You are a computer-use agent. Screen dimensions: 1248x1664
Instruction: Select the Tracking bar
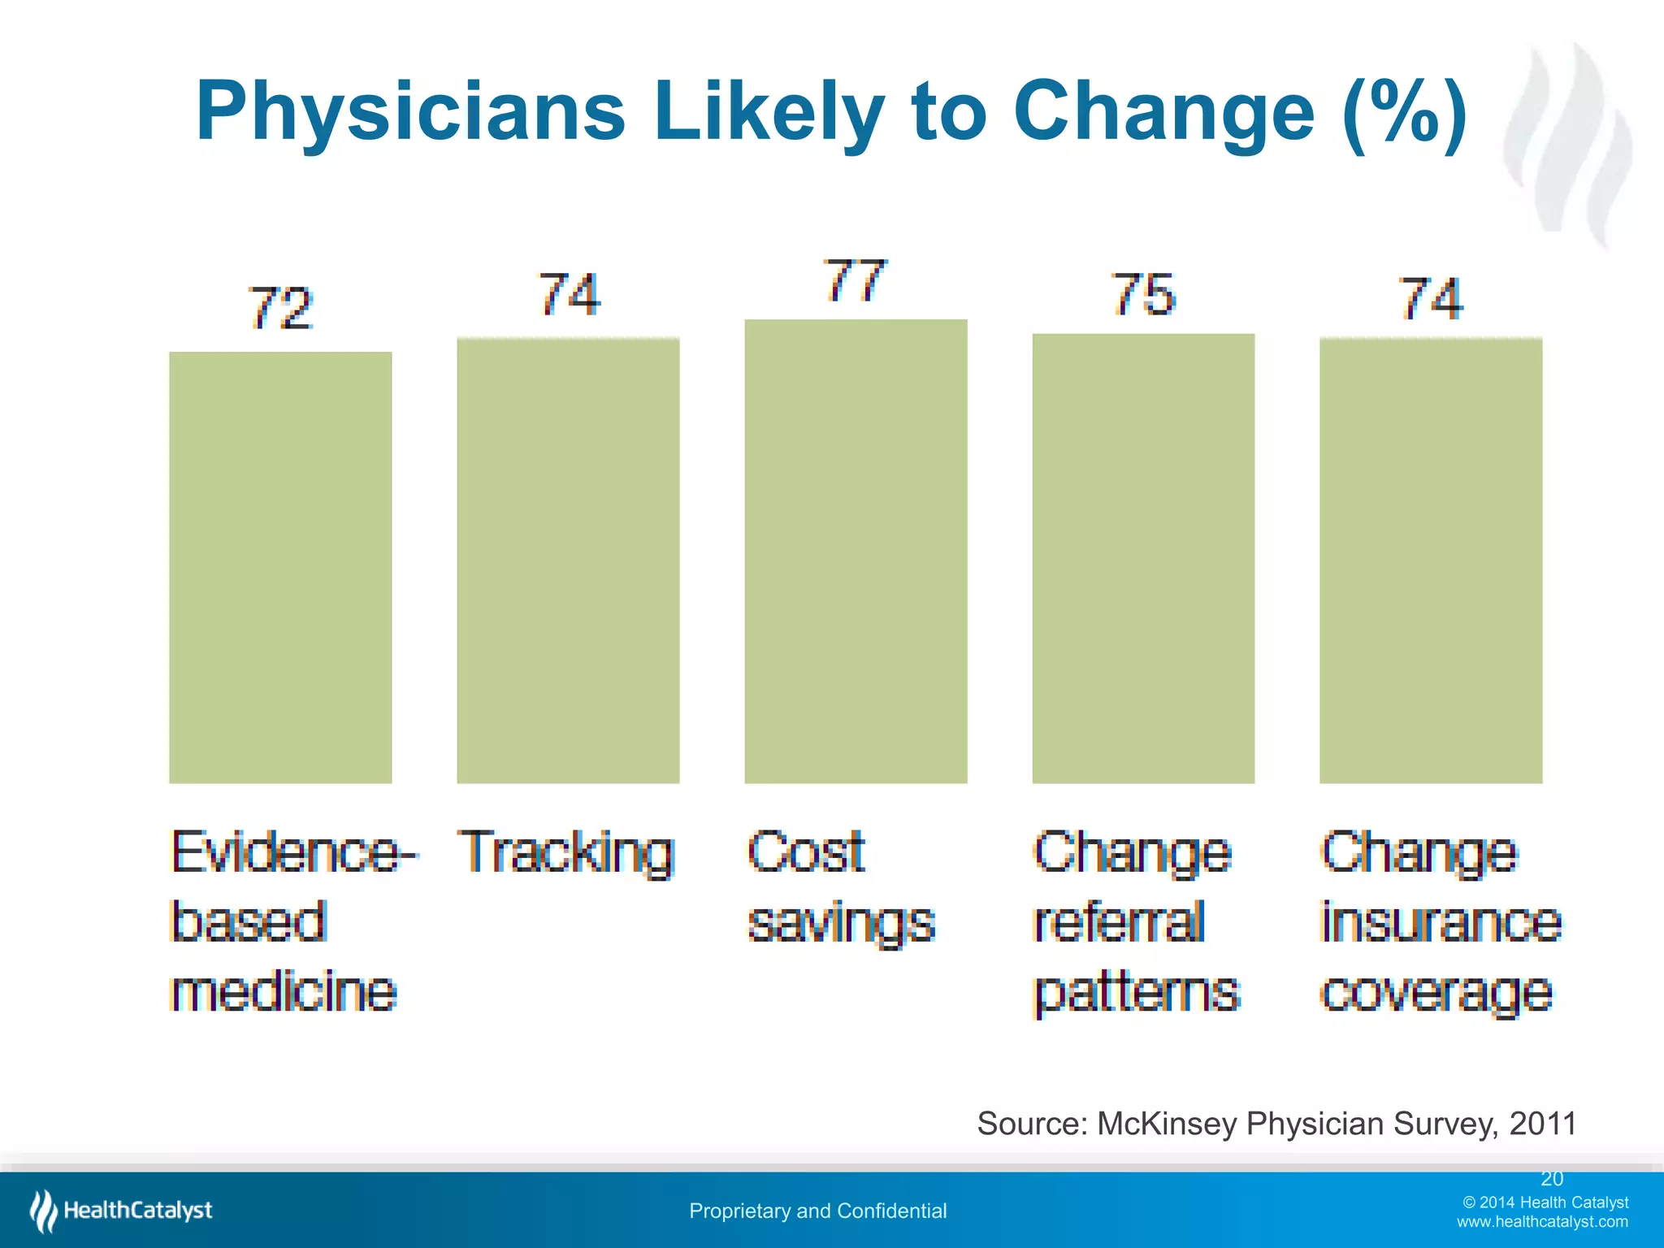[x=568, y=561]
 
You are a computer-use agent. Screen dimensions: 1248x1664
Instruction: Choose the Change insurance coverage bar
[x=1431, y=561]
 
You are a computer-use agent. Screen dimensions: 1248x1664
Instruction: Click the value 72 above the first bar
[x=280, y=309]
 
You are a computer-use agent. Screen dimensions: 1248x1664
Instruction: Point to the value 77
[x=855, y=281]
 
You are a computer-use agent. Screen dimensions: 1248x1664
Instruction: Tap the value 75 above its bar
[x=1142, y=294]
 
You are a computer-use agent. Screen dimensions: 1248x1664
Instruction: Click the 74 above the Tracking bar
[x=569, y=294]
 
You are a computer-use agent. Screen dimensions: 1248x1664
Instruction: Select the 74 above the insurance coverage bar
[x=1431, y=299]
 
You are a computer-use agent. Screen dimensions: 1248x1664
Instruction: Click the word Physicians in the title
[x=410, y=112]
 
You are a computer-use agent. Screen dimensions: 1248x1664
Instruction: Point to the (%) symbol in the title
[x=1405, y=112]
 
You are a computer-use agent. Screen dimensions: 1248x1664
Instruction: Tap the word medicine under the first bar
[x=284, y=991]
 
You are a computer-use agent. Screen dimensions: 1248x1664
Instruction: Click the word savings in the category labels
[x=841, y=924]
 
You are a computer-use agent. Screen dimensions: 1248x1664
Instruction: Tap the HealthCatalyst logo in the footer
[x=122, y=1211]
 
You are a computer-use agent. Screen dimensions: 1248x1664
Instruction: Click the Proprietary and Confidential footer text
[x=817, y=1211]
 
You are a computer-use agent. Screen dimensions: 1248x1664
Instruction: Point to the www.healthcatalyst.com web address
[x=1541, y=1222]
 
